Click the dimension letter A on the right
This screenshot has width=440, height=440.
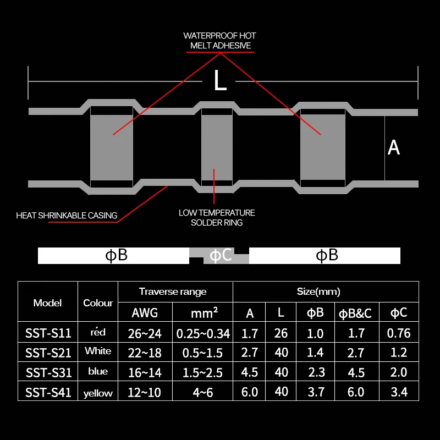pyautogui.click(x=393, y=147)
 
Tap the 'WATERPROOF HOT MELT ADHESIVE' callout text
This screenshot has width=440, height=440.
pyautogui.click(x=219, y=41)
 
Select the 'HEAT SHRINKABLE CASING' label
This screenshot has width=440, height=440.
pyautogui.click(x=67, y=215)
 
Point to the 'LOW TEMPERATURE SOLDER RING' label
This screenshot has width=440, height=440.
pyautogui.click(x=217, y=217)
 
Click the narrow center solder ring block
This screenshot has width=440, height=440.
pyautogui.click(x=217, y=147)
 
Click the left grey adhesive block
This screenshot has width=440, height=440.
pyautogui.click(x=112, y=147)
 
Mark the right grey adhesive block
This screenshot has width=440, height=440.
pyautogui.click(x=322, y=147)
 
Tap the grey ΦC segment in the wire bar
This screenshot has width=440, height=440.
pyautogui.click(x=219, y=256)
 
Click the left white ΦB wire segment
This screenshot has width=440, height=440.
pyautogui.click(x=114, y=255)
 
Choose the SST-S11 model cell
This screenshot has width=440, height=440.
pyautogui.click(x=48, y=333)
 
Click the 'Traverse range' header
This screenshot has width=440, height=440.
pyautogui.click(x=173, y=291)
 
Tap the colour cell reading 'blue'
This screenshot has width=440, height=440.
pyautogui.click(x=98, y=371)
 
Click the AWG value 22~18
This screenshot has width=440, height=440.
pyautogui.click(x=145, y=352)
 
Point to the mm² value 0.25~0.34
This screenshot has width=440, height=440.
pyautogui.click(x=203, y=333)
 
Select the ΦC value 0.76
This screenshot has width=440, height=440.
pyautogui.click(x=398, y=332)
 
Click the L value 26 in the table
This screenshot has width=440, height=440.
pyautogui.click(x=281, y=332)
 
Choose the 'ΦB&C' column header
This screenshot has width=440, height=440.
pyautogui.click(x=356, y=313)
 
